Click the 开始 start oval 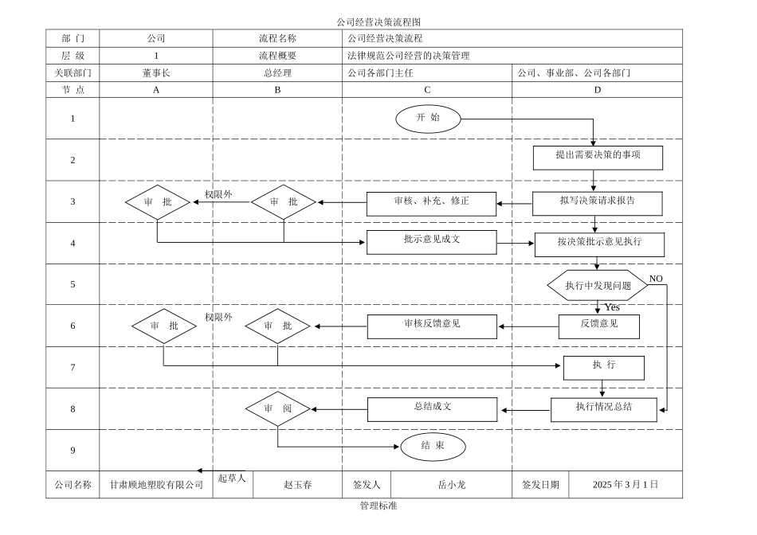click(428, 119)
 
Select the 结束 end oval click(433, 447)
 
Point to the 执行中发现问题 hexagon click(598, 285)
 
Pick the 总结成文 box click(432, 408)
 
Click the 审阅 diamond click(277, 409)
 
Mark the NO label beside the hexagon click(656, 279)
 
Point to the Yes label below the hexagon click(612, 307)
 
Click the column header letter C click(428, 90)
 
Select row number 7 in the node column click(73, 367)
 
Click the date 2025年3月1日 click(626, 484)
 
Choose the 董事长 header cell click(156, 72)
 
